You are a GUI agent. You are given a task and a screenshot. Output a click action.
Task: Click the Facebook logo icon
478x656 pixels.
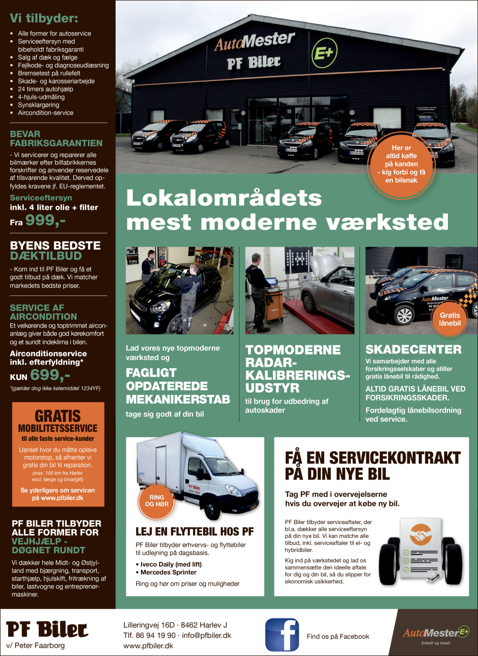[x=282, y=634]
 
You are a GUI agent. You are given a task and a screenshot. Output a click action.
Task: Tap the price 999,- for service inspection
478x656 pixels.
[x=45, y=220]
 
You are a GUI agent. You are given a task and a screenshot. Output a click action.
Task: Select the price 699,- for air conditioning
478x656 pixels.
[x=50, y=375]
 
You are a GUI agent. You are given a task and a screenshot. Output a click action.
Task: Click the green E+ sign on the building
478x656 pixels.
[x=325, y=53]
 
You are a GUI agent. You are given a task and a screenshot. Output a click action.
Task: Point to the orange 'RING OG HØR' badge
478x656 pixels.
[x=157, y=501]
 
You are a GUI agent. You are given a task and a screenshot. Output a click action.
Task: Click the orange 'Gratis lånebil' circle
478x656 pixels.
[x=450, y=319]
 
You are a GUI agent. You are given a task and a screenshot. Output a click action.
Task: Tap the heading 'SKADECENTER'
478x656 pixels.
[x=413, y=350]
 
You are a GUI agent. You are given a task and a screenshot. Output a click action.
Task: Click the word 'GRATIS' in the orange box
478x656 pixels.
[x=58, y=416]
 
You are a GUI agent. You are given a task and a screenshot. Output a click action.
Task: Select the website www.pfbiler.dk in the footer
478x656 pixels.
[x=148, y=645]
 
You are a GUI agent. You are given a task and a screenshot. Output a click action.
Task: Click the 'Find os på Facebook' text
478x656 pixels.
[x=338, y=636]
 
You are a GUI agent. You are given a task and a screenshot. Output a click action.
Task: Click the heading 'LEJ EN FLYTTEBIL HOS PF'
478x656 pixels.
[x=195, y=532]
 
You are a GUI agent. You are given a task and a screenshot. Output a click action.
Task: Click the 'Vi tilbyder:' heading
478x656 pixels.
[x=44, y=19]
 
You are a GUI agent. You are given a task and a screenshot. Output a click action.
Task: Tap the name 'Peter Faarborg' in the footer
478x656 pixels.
[x=39, y=645]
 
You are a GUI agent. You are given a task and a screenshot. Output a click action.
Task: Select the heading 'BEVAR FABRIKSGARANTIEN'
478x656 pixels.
[x=56, y=139]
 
